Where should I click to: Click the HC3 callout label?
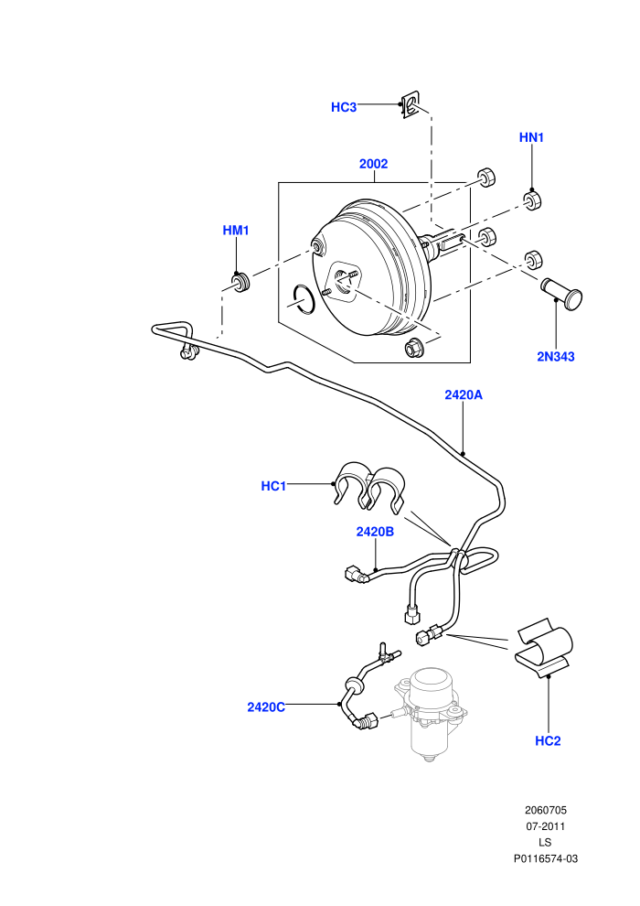pos(344,107)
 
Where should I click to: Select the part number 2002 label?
pos(373,164)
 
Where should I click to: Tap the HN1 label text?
pos(531,137)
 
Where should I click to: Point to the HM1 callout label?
pos(236,230)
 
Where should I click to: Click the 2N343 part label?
pos(556,357)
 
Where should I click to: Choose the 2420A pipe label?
pos(464,394)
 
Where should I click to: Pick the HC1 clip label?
pos(273,486)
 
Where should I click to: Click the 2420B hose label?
pos(375,532)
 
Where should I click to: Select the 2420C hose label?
pos(266,707)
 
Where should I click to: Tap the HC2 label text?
pos(548,740)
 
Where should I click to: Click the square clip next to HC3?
pos(411,105)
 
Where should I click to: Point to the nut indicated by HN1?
pos(532,200)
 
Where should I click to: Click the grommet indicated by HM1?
pos(240,281)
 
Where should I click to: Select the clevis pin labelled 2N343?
pos(561,293)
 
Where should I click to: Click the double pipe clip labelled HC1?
pos(369,486)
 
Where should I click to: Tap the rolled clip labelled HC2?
pos(544,646)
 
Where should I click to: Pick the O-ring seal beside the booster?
pos(303,299)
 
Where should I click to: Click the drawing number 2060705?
pos(545,810)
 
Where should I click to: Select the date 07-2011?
pos(545,826)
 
